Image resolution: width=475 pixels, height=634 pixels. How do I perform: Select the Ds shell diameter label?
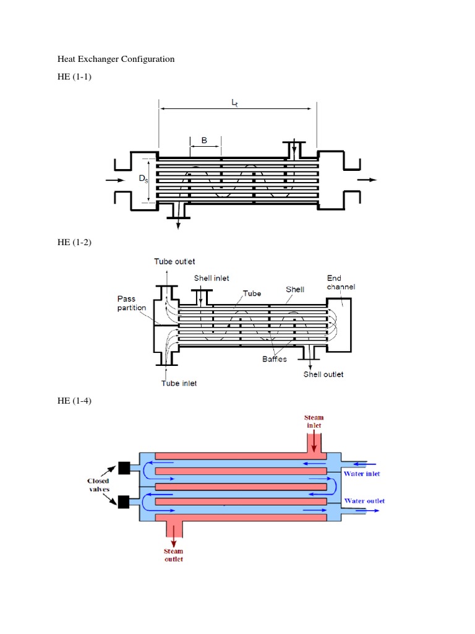coord(143,180)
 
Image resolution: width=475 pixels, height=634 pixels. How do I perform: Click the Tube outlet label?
coord(174,262)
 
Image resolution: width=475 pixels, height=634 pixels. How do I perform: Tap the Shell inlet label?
coord(212,278)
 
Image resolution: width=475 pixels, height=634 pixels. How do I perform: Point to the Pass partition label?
coord(131,303)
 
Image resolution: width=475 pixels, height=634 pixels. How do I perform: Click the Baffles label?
coord(272,359)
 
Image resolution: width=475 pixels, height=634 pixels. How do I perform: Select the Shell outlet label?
coord(323,374)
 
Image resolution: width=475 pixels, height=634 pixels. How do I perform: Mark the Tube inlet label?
coord(179,383)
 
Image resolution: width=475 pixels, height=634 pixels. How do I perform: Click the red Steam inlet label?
coord(314,422)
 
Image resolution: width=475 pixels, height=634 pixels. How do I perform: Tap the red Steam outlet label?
coord(173,555)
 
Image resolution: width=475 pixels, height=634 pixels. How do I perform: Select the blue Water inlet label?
coord(362,474)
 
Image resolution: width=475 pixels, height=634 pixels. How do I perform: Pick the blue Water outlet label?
coord(364,501)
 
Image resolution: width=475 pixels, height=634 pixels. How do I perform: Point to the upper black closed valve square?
coord(123,469)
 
